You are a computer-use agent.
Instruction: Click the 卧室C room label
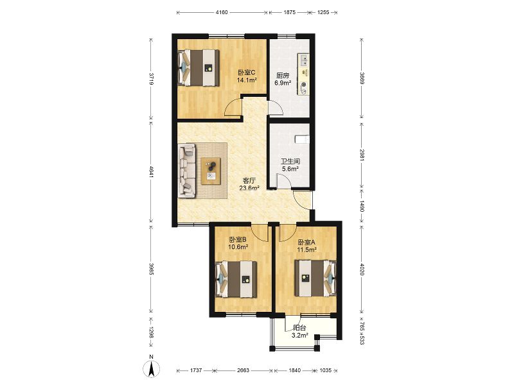coord(247,73)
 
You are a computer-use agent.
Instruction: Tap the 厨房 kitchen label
coord(283,75)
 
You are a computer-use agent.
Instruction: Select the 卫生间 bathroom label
coord(290,162)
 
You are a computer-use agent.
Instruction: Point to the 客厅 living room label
coord(249,180)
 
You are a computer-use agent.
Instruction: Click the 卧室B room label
coord(238,239)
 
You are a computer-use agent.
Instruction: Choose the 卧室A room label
coord(306,243)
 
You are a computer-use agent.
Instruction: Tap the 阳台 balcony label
coord(299,327)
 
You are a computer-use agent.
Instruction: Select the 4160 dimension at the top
coord(222,12)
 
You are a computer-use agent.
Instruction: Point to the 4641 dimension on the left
coord(151,172)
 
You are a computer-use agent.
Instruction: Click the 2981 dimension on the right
coord(362,155)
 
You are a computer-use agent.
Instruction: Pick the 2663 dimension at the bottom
coord(243,370)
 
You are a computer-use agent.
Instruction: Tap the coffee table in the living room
coord(211,171)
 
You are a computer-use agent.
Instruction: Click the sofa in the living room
coord(186,171)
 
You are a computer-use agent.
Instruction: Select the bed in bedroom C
coord(199,68)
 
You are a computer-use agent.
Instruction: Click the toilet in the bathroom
coord(301,139)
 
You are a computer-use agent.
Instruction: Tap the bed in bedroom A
coord(315,278)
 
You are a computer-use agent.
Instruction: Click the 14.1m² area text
coord(247,80)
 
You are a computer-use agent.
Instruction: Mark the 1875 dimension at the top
coord(290,12)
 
